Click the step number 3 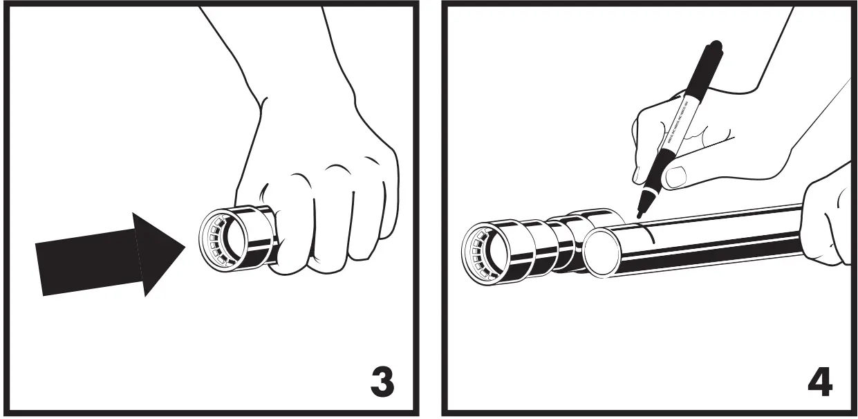382,382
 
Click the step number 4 820,382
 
